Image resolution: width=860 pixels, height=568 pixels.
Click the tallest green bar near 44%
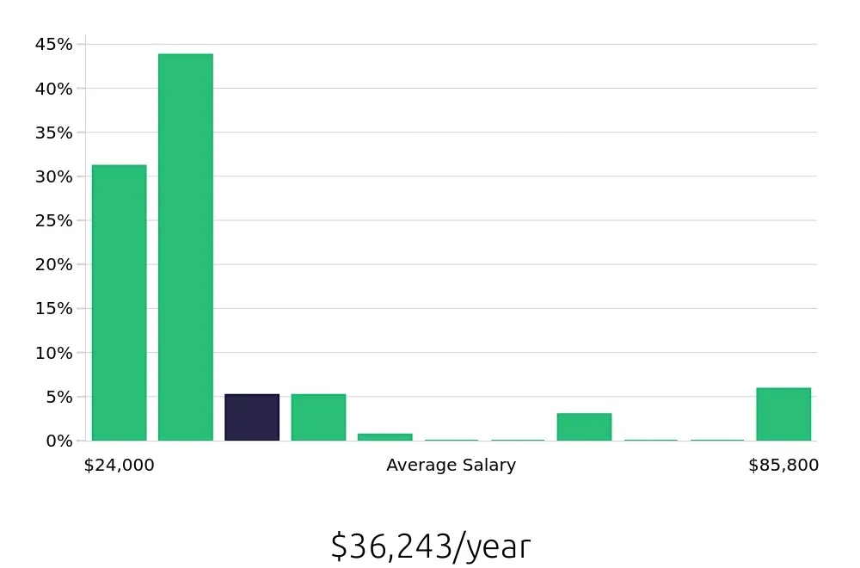pos(185,247)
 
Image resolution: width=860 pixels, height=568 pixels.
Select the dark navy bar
pos(252,417)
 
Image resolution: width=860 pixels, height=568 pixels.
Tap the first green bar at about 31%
pos(119,302)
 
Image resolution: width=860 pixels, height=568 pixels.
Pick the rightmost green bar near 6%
pos(783,414)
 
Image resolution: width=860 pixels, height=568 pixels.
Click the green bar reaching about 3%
pos(584,427)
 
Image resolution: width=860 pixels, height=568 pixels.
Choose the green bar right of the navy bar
pos(318,417)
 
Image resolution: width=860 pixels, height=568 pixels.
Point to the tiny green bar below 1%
pos(384,437)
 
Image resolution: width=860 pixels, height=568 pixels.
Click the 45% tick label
pos(53,45)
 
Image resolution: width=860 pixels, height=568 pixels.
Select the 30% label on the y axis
pos(53,176)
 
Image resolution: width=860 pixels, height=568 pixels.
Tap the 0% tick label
pos(58,441)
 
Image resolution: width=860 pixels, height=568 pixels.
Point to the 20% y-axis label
pos(53,265)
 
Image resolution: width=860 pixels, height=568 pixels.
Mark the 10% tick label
pos(53,353)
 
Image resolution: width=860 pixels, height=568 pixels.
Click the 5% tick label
pos(58,397)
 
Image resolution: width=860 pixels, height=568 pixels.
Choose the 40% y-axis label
pos(53,89)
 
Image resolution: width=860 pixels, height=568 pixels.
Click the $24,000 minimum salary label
pos(119,466)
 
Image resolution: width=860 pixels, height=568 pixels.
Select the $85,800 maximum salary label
pos(783,466)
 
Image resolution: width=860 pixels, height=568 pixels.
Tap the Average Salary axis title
pos(451,466)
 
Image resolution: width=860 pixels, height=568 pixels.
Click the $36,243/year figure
pos(430,546)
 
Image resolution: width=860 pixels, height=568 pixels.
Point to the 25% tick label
pos(53,220)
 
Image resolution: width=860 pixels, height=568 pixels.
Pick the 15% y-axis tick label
pos(53,309)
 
